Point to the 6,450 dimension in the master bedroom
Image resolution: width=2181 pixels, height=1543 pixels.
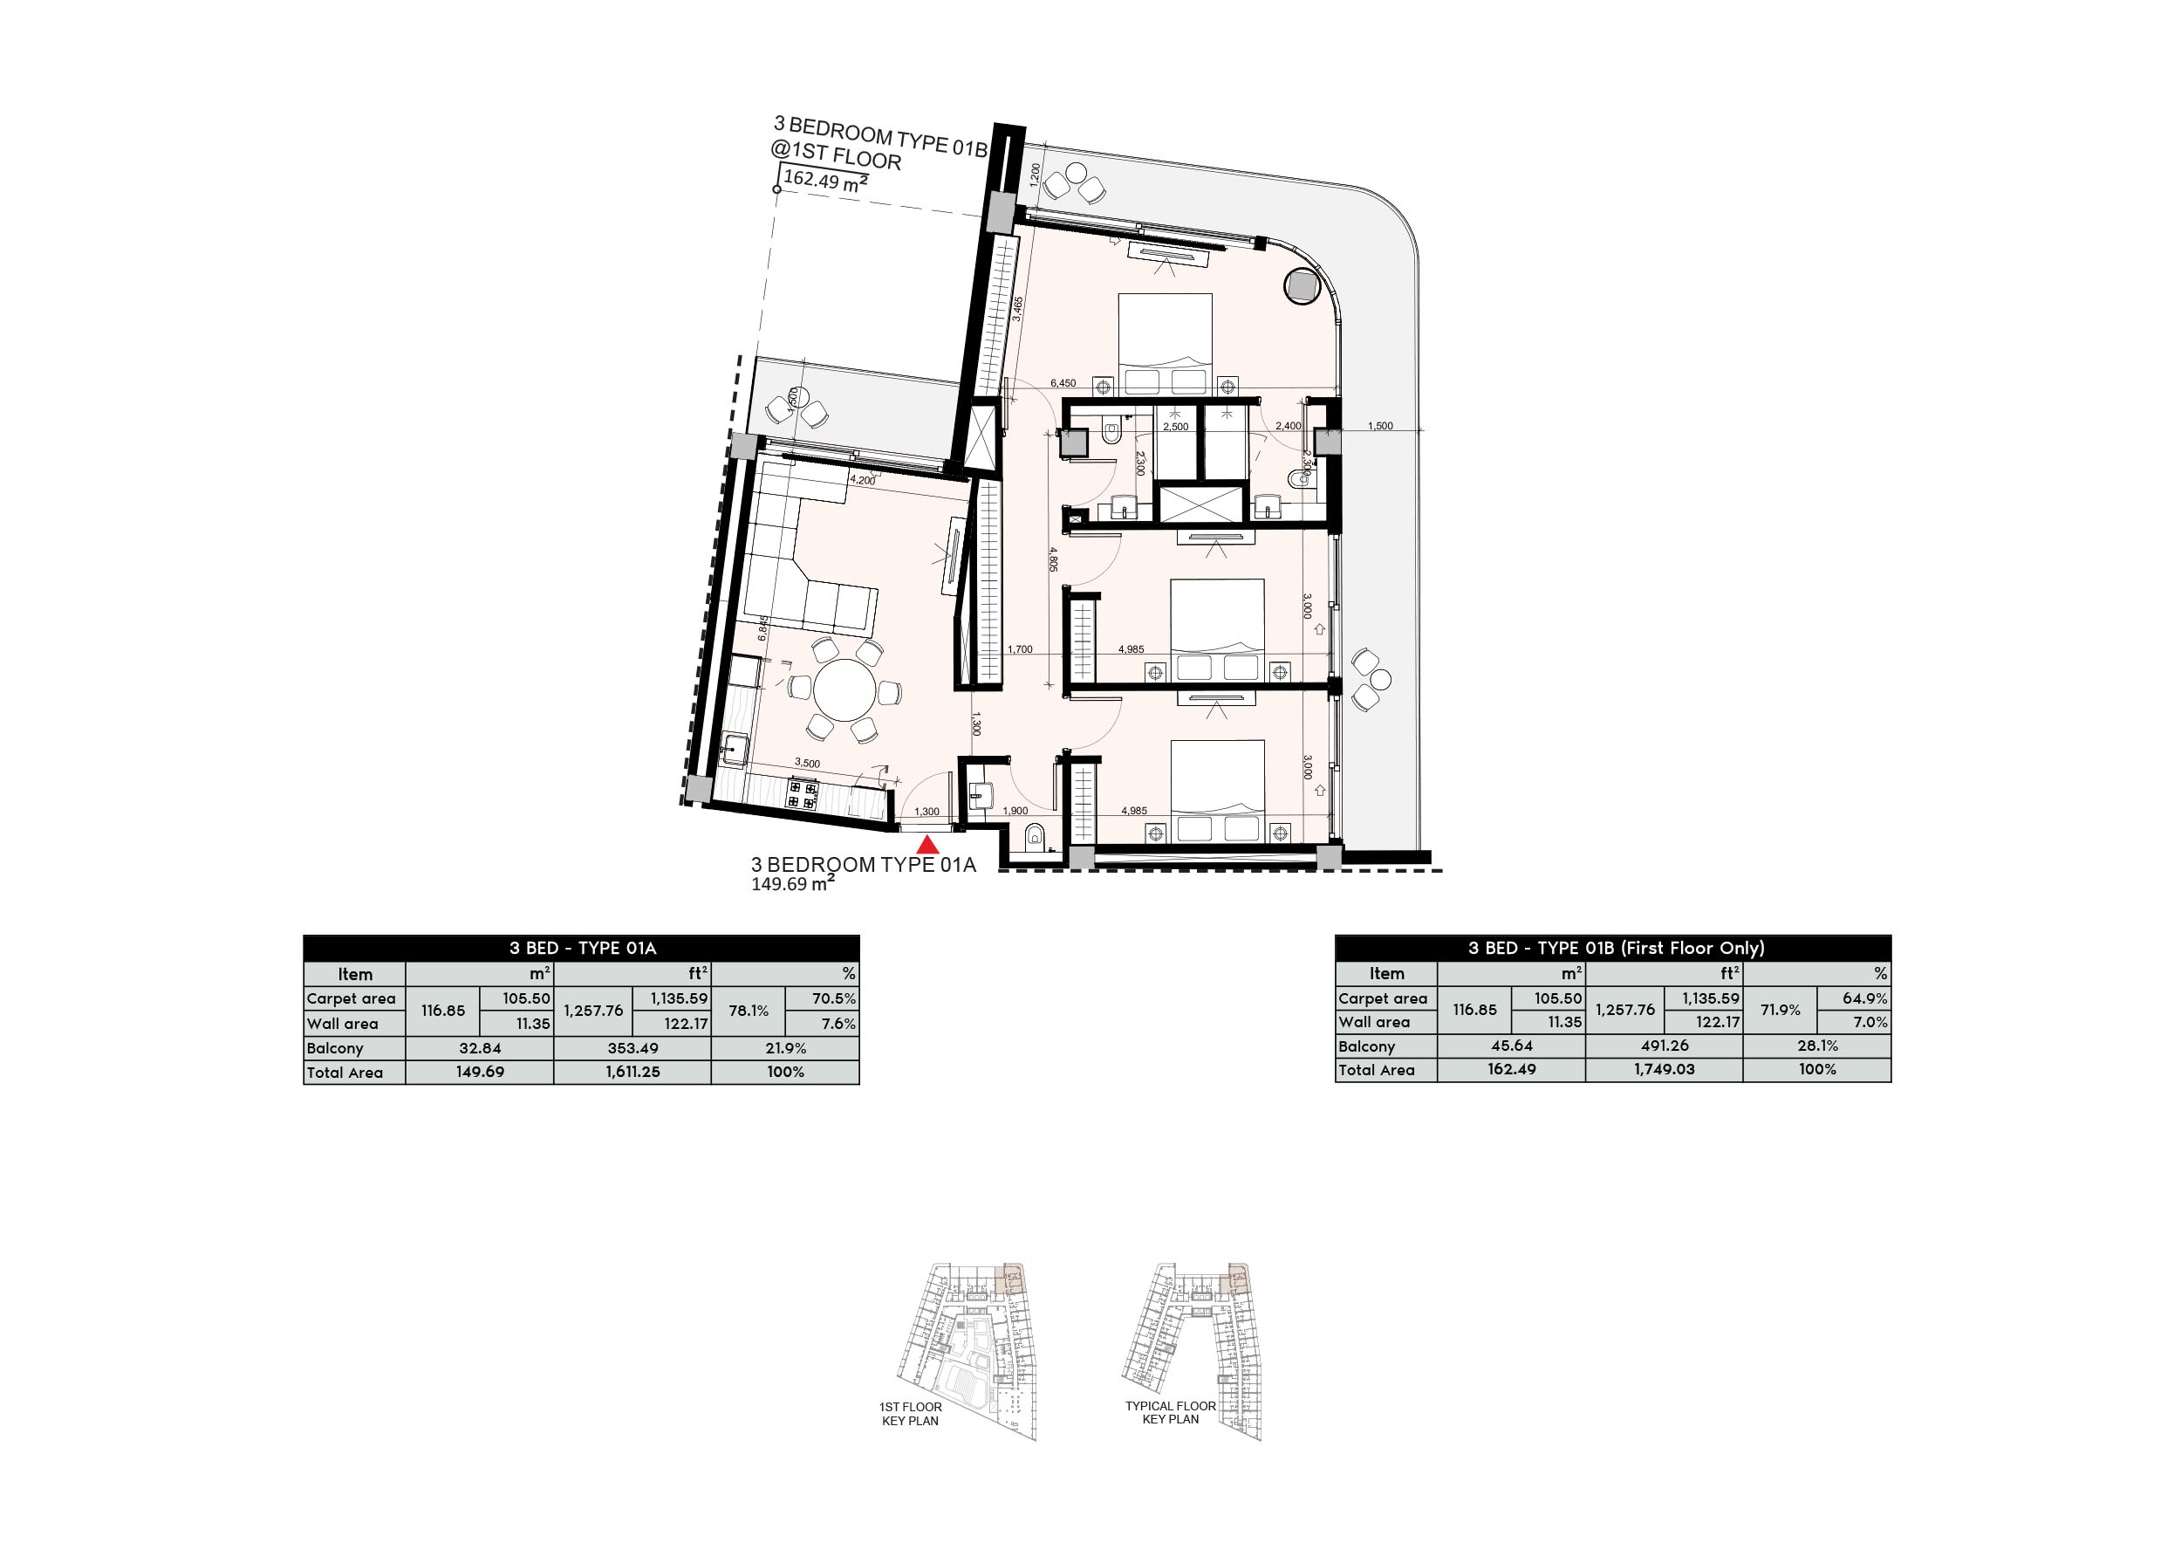pos(1063,383)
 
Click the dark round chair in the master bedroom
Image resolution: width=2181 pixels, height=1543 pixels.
pos(1300,285)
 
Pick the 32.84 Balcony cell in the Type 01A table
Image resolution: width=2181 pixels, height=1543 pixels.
pos(480,1048)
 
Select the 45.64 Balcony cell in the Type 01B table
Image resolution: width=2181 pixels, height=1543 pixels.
pos(1511,1046)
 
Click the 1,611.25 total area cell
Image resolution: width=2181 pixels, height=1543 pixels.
pos(632,1072)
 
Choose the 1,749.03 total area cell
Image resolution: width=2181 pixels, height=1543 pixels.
pos(1665,1069)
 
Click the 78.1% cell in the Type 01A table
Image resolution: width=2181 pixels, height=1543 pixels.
pos(748,1010)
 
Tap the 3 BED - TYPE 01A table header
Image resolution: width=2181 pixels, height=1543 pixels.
pos(582,947)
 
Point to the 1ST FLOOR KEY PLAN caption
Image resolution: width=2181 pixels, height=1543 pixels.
pos(910,1414)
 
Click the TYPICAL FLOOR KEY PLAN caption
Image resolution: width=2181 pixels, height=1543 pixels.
pos(1170,1413)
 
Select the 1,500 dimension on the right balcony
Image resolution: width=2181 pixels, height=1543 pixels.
pos(1380,426)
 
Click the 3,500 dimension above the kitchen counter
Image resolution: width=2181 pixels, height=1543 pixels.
pos(806,763)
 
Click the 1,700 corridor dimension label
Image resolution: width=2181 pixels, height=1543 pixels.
pos(1019,650)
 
